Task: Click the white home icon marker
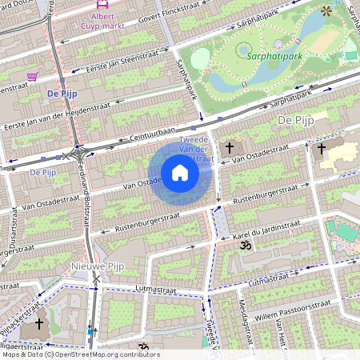180,173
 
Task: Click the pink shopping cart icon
33,77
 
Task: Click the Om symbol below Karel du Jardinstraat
245,247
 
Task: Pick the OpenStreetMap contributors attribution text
80,354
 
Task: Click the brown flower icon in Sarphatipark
326,10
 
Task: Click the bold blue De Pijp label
61,93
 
